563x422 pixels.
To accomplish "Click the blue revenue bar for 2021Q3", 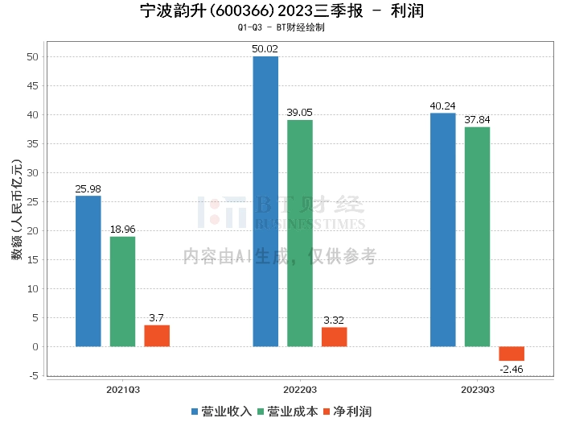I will (88, 271).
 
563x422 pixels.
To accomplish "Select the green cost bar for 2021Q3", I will (122, 292).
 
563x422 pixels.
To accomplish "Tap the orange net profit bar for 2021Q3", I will (157, 336).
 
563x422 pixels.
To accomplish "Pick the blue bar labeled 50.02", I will (265, 201).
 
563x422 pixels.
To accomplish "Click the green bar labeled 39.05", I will (300, 234).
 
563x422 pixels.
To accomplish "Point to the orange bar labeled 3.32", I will (335, 337).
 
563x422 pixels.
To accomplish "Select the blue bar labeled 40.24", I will (443, 230).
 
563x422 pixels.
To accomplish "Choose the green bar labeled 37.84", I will (477, 237).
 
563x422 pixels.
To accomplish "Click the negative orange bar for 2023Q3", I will (512, 354).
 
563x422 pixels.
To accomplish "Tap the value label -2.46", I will (512, 369).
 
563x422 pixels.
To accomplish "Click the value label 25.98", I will (88, 189).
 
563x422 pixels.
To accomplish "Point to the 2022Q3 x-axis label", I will (300, 389).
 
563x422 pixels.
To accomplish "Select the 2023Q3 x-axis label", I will (477, 389).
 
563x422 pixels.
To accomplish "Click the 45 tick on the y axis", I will (33, 86).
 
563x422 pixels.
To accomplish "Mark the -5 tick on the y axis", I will (33, 375).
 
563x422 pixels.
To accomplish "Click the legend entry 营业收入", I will (221, 412).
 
